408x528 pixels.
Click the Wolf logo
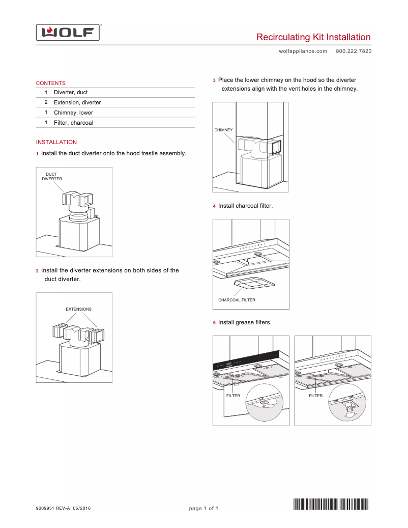coord(68,33)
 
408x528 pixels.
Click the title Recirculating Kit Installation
coord(313,37)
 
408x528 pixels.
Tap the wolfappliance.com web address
coord(303,51)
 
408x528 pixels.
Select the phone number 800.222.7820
coord(354,51)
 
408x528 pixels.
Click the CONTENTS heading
coord(50,83)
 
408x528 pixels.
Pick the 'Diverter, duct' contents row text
coord(71,92)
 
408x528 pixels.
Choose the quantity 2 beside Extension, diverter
coord(46,102)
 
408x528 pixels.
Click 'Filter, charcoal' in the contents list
coord(73,123)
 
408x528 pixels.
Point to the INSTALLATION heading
coord(56,142)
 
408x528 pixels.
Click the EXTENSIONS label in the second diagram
coord(78,309)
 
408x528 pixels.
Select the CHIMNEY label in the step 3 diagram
coord(223,130)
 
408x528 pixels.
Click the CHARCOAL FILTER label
coord(237,300)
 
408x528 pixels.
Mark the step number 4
coord(214,206)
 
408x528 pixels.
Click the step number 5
coord(214,323)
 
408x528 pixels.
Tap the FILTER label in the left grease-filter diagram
coord(233,396)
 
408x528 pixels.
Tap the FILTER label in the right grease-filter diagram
coord(315,396)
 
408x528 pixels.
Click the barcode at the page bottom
coord(331,505)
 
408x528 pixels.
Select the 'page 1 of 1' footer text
coord(203,508)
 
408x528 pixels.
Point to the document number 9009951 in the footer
coord(45,508)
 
